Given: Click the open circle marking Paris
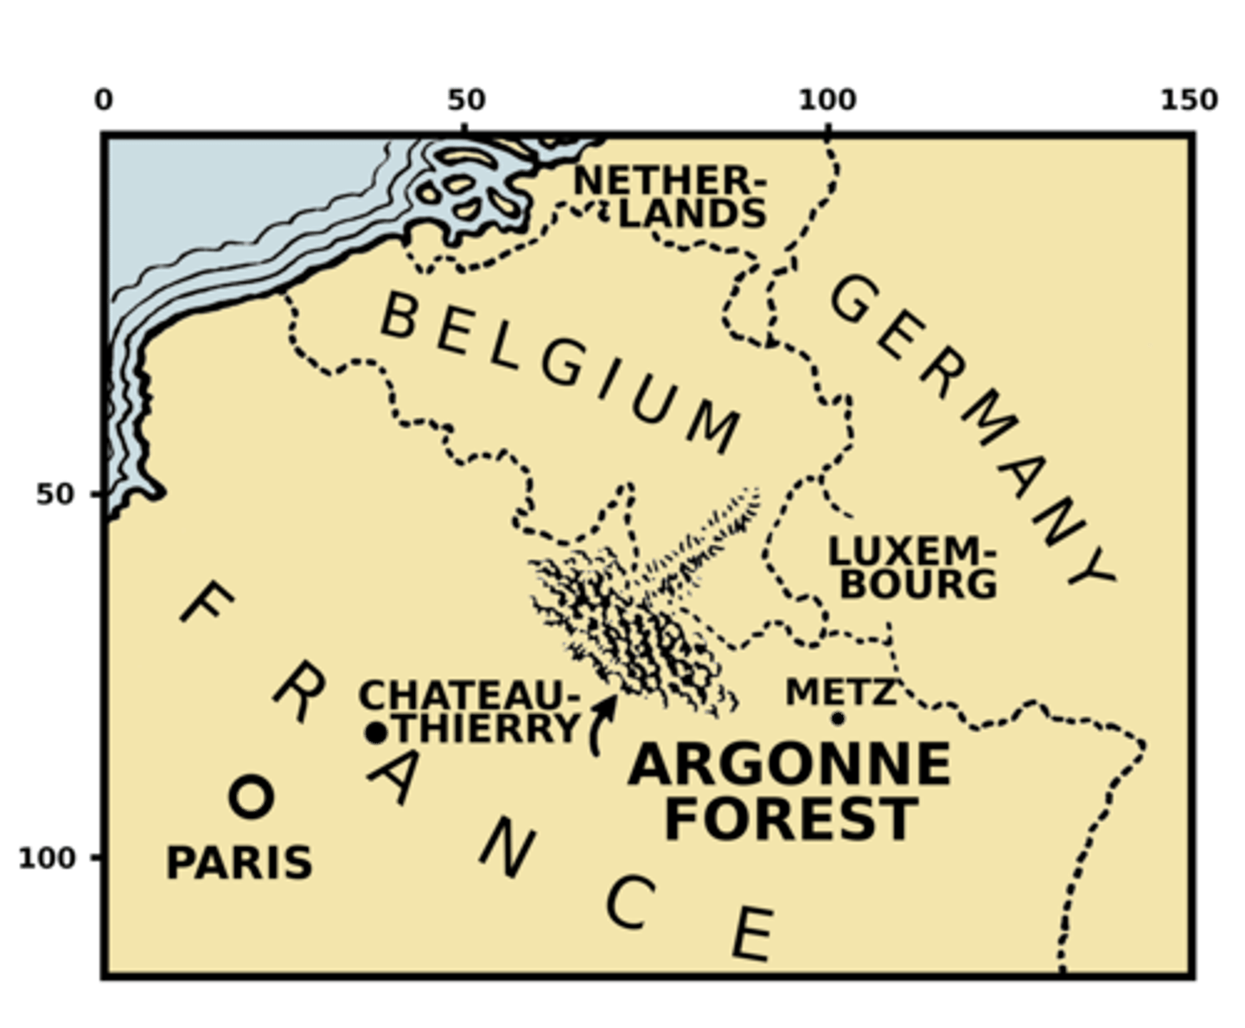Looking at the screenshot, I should tap(251, 796).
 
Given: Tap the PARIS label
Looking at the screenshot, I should tap(239, 863).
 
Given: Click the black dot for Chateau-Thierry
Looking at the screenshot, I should tap(375, 733).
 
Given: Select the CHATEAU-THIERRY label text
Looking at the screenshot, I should tap(469, 712).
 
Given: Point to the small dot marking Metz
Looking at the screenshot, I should tap(837, 718).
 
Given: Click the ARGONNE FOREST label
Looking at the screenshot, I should tap(789, 791).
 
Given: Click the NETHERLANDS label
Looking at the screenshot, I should tap(671, 197).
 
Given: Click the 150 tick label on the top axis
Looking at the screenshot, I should tap(1190, 100).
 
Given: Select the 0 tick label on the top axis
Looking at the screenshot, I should tap(104, 100).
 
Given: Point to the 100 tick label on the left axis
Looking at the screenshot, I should tap(47, 858).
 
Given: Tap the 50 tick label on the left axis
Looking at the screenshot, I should tap(55, 495).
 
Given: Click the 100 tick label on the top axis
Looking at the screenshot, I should tap(827, 100).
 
